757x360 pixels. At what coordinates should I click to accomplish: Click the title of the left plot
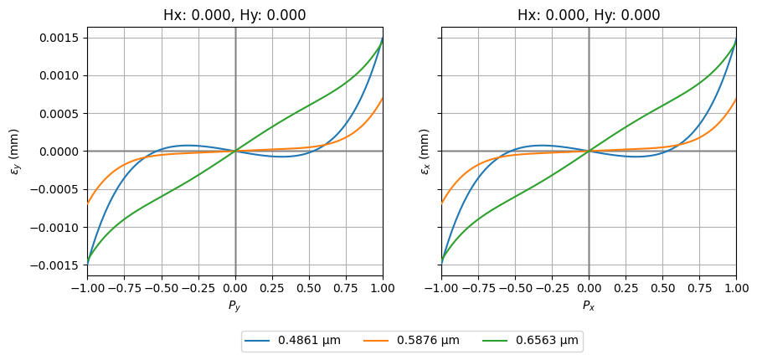[x=234, y=15]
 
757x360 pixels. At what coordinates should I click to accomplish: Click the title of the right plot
[x=589, y=15]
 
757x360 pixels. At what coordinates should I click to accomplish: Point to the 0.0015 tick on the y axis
[x=59, y=38]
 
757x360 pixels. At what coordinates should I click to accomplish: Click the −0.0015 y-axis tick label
[x=56, y=265]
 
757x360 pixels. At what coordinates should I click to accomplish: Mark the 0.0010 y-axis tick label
[x=59, y=75]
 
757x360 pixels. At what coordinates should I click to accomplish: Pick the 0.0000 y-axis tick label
[x=59, y=152]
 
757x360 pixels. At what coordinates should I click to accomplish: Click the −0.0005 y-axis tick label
[x=56, y=189]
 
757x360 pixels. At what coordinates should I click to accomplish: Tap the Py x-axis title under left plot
[x=234, y=306]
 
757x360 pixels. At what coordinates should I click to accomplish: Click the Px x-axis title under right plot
[x=589, y=306]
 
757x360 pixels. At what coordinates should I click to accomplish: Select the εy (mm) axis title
[x=14, y=152]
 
